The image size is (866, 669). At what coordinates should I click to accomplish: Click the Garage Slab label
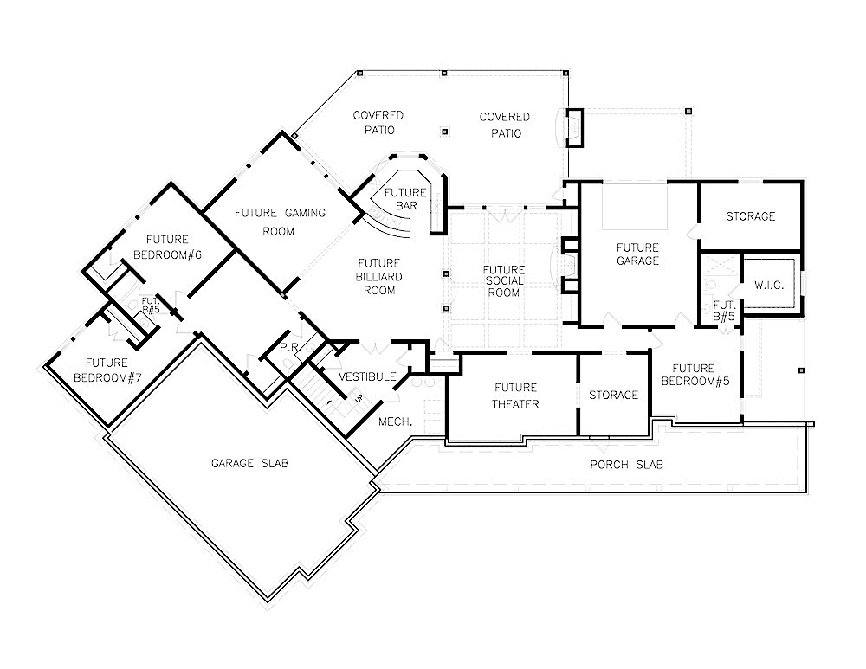pos(249,463)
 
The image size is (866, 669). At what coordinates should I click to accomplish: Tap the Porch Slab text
pos(627,465)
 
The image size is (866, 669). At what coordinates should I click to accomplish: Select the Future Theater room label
pos(516,396)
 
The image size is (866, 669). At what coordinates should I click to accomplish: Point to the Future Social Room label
pos(503,281)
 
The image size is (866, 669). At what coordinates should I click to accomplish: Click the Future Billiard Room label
pos(379,277)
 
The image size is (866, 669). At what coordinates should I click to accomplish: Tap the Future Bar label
pos(405,198)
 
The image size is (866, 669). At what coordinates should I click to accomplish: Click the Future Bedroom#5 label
pos(692,374)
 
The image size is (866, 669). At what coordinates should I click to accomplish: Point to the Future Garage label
pos(638,254)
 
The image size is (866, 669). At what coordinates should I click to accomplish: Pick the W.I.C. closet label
pos(769,285)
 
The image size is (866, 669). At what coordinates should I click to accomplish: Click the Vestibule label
pos(367,376)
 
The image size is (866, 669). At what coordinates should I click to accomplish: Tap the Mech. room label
pos(395,421)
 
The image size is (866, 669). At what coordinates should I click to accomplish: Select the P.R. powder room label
pos(288,347)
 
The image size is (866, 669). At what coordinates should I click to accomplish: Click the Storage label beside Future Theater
pos(613,395)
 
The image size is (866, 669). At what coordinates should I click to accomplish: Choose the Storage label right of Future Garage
pos(750,216)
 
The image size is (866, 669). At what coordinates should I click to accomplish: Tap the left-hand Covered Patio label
pos(378,122)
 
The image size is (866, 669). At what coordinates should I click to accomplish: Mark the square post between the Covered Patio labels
pos(445,132)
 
